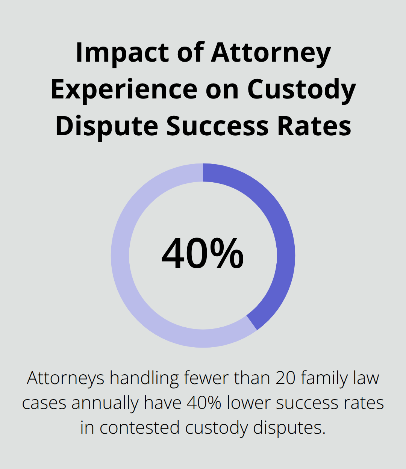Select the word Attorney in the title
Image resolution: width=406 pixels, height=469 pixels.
pos(271,53)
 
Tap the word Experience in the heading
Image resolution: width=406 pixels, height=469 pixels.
pos(124,90)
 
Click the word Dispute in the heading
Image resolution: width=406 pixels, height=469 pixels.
pos(106,126)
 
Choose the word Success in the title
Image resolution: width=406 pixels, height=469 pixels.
pos(217,126)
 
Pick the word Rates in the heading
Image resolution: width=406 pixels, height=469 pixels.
pos(314,126)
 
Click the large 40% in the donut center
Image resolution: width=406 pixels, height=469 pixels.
pos(203,254)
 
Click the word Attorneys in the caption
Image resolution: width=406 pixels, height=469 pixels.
pos(65,378)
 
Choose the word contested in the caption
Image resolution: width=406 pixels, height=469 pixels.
pos(139,428)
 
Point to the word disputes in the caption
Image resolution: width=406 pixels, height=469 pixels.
pos(289,428)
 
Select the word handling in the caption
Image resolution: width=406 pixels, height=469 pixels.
pos(144,378)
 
